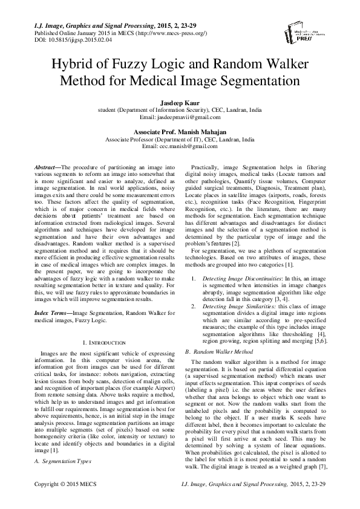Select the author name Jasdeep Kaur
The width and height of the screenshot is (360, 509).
click(179, 103)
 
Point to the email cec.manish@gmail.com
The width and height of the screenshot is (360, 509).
click(180, 146)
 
